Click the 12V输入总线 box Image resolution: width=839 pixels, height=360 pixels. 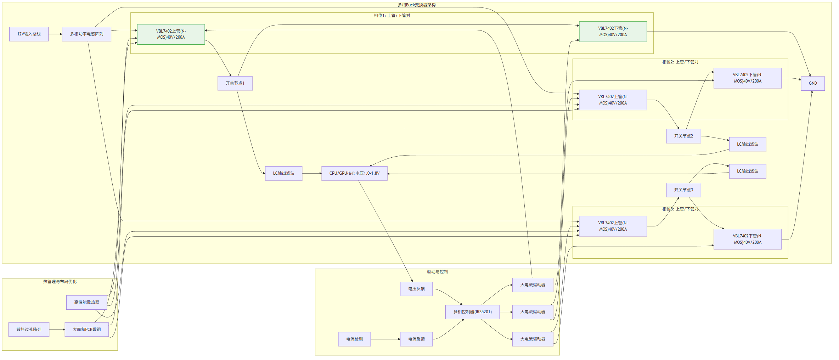coord(29,34)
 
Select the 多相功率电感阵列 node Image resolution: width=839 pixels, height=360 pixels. coord(86,34)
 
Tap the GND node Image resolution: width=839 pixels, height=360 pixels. coord(813,83)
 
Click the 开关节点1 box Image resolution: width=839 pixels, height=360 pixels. coord(235,83)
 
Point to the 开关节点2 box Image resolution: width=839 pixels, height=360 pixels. coord(683,136)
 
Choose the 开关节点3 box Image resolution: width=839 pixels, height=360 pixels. coord(683,190)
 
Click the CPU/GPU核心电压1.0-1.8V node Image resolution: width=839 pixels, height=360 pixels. coord(354,173)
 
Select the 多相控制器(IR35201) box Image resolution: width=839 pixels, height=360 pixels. coord(473,312)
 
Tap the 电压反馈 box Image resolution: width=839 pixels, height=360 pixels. coord(416,289)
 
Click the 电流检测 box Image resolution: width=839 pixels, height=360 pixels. coord(354,339)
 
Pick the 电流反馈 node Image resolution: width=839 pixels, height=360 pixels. coord(416,339)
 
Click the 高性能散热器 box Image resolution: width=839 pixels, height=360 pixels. coord(86,302)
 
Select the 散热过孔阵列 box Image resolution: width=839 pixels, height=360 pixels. coord(29,330)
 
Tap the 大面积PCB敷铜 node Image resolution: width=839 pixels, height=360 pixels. coord(86,330)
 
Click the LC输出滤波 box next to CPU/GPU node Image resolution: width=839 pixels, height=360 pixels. coord(283,173)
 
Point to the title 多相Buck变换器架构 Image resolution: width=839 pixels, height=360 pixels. coord(417,5)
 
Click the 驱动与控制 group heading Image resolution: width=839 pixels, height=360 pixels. coord(437,272)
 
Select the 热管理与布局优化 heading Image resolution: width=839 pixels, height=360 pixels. coord(60,282)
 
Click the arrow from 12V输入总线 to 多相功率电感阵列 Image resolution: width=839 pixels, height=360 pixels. coord(55,34)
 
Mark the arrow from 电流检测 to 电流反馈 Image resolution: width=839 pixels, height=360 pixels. coord(385,339)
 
